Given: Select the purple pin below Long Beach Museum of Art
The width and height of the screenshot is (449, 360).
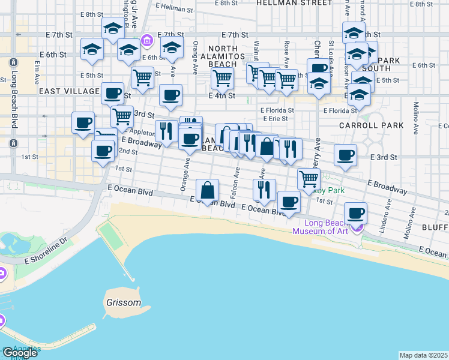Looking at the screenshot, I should (x=358, y=228).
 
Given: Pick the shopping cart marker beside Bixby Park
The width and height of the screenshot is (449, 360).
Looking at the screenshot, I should (x=309, y=178).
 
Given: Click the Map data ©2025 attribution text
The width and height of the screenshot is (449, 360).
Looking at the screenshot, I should (x=423, y=355).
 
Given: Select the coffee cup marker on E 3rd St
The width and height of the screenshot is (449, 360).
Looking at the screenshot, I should (x=345, y=155).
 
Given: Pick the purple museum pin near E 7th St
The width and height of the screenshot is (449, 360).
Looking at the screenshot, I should (x=146, y=41).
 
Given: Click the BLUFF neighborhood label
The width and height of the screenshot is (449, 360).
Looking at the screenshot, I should (x=435, y=227).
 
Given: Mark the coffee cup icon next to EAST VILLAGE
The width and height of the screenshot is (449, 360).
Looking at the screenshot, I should (x=112, y=93).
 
